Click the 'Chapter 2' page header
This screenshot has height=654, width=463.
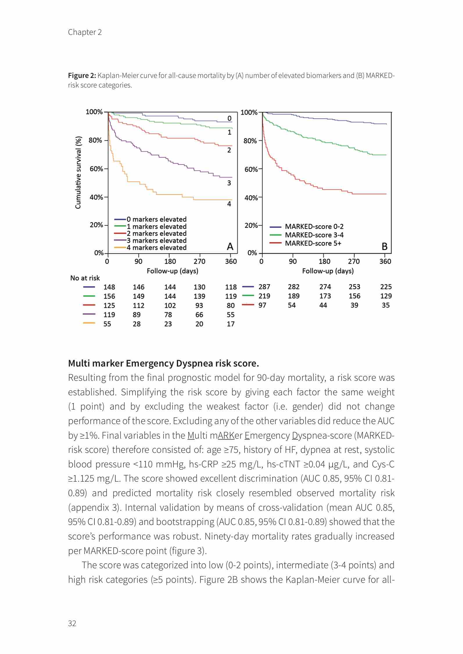[85, 32]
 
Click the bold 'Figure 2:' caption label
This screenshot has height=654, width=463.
[82, 76]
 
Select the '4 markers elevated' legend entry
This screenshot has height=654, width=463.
[156, 248]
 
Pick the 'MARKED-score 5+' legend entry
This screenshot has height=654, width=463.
[313, 243]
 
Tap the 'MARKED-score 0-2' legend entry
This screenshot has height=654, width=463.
[314, 226]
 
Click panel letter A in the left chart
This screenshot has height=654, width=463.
[230, 246]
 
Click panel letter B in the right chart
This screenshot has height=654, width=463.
[385, 246]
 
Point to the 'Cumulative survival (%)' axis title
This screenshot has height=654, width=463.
[78, 173]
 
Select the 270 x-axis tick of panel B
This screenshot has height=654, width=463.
[354, 261]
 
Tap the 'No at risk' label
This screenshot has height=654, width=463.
[85, 278]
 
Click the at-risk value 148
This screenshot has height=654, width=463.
[109, 287]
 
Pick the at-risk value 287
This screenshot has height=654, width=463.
[264, 287]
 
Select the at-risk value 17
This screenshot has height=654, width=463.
[231, 324]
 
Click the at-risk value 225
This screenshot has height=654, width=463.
[386, 287]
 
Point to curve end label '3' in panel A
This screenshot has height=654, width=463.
[229, 183]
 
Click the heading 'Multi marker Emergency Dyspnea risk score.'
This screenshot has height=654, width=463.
[164, 363]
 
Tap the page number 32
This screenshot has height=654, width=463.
[72, 623]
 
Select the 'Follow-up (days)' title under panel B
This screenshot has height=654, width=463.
[328, 271]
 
